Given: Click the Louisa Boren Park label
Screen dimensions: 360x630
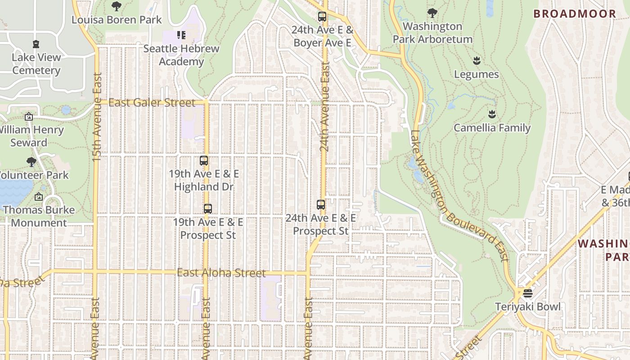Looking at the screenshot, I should (x=117, y=20).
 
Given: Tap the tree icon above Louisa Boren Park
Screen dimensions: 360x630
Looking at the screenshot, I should (x=117, y=6).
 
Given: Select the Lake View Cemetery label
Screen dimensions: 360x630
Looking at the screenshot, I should (x=36, y=64).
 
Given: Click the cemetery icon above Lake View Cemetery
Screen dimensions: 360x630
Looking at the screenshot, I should (x=36, y=44).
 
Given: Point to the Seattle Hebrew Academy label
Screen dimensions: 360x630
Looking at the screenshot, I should (x=181, y=55).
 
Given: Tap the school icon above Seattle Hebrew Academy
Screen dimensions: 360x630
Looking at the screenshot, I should (x=181, y=35).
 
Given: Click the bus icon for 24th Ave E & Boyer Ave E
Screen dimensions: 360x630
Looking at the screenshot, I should (x=322, y=17).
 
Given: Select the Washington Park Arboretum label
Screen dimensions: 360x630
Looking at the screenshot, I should (x=432, y=33).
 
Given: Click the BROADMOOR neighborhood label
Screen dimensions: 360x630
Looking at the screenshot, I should (x=575, y=13).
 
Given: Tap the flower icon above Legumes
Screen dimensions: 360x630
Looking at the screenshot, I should (x=477, y=61).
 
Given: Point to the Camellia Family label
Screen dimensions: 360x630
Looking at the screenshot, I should (x=492, y=128).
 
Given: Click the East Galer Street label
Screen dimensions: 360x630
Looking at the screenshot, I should (x=152, y=103).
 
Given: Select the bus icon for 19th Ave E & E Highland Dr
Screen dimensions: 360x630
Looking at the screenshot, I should (x=204, y=160).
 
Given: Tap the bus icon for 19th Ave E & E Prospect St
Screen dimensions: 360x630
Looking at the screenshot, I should (x=207, y=209).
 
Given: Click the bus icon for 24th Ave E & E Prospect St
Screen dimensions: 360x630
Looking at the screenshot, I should (x=321, y=205).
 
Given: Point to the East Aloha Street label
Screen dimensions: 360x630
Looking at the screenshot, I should (x=221, y=273).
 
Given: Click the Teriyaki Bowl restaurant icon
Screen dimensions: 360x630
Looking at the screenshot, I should (x=527, y=293).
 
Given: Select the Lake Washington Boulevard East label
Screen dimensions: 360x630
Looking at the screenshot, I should (x=459, y=196).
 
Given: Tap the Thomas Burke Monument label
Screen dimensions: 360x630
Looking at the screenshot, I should (x=39, y=216).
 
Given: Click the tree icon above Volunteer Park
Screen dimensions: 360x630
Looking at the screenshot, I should (x=31, y=162).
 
